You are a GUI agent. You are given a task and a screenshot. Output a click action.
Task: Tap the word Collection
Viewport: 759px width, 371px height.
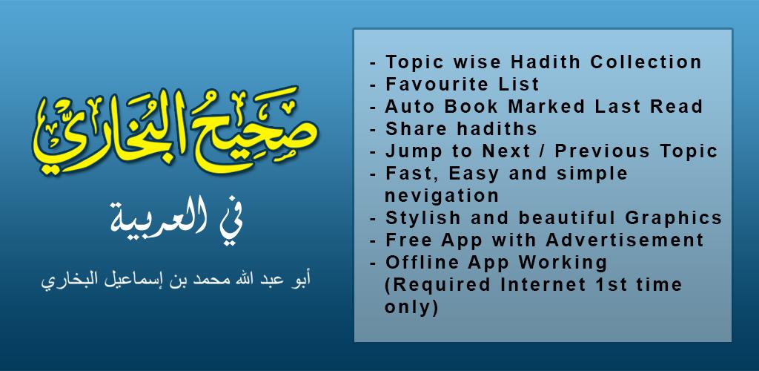click(x=646, y=62)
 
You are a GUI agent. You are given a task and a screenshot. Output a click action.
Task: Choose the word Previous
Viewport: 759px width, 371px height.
click(x=603, y=151)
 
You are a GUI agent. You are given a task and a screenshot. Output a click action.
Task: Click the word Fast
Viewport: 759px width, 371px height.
click(x=412, y=174)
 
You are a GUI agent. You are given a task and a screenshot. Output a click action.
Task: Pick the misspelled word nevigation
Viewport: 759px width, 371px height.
click(x=442, y=196)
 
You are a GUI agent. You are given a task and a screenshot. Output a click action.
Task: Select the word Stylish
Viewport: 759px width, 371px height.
click(x=423, y=218)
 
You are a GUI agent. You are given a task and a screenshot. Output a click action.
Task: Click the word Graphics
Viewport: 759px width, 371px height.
click(x=673, y=218)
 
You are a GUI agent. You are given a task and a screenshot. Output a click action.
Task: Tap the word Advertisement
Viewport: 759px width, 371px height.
click(x=625, y=240)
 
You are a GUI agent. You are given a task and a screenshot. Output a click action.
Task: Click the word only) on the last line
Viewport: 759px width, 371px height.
click(x=411, y=307)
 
